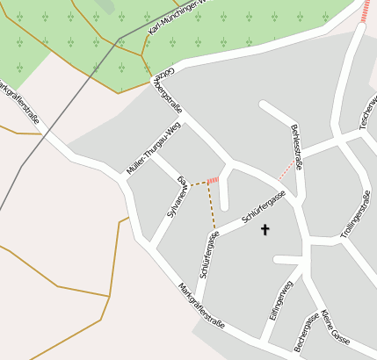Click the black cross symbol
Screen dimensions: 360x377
point(265,230)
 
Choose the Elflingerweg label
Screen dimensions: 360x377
point(280,300)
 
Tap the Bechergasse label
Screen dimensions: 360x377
point(306,334)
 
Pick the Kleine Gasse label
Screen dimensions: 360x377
point(335,327)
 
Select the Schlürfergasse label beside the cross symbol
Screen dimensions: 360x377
point(265,209)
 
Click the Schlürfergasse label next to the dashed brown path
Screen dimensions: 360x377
point(208,255)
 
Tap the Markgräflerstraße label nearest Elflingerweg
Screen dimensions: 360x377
point(201,306)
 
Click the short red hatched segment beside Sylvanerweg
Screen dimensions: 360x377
point(212,180)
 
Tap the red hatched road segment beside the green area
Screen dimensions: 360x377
point(366,13)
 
